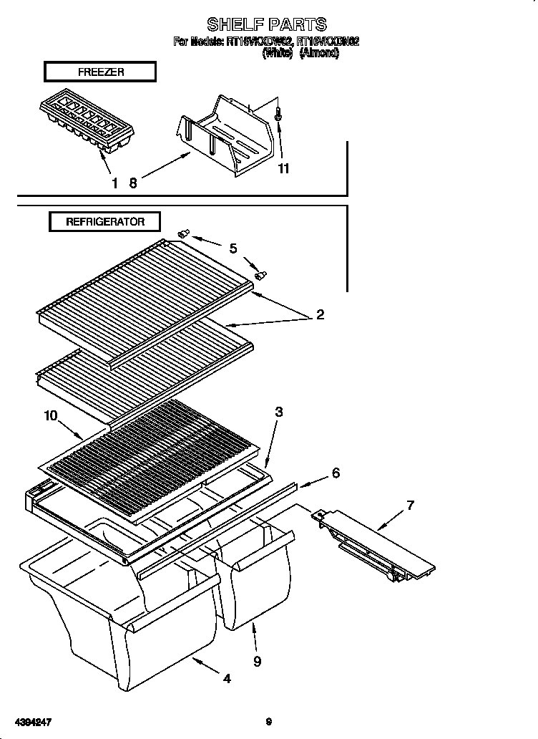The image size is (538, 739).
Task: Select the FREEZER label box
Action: (99, 72)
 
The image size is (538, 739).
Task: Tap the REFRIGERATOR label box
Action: (104, 221)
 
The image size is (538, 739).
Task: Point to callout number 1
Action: (114, 183)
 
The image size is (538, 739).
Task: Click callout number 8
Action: (132, 183)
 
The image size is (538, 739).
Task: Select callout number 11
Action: (283, 169)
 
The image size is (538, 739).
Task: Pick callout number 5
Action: (233, 248)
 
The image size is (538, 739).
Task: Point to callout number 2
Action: (320, 314)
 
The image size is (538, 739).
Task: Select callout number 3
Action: (278, 412)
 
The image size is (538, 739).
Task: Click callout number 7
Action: (410, 506)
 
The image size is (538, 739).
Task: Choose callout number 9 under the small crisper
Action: (257, 662)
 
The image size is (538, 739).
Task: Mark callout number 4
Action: (227, 679)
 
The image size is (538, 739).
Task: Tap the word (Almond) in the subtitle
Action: (319, 52)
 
